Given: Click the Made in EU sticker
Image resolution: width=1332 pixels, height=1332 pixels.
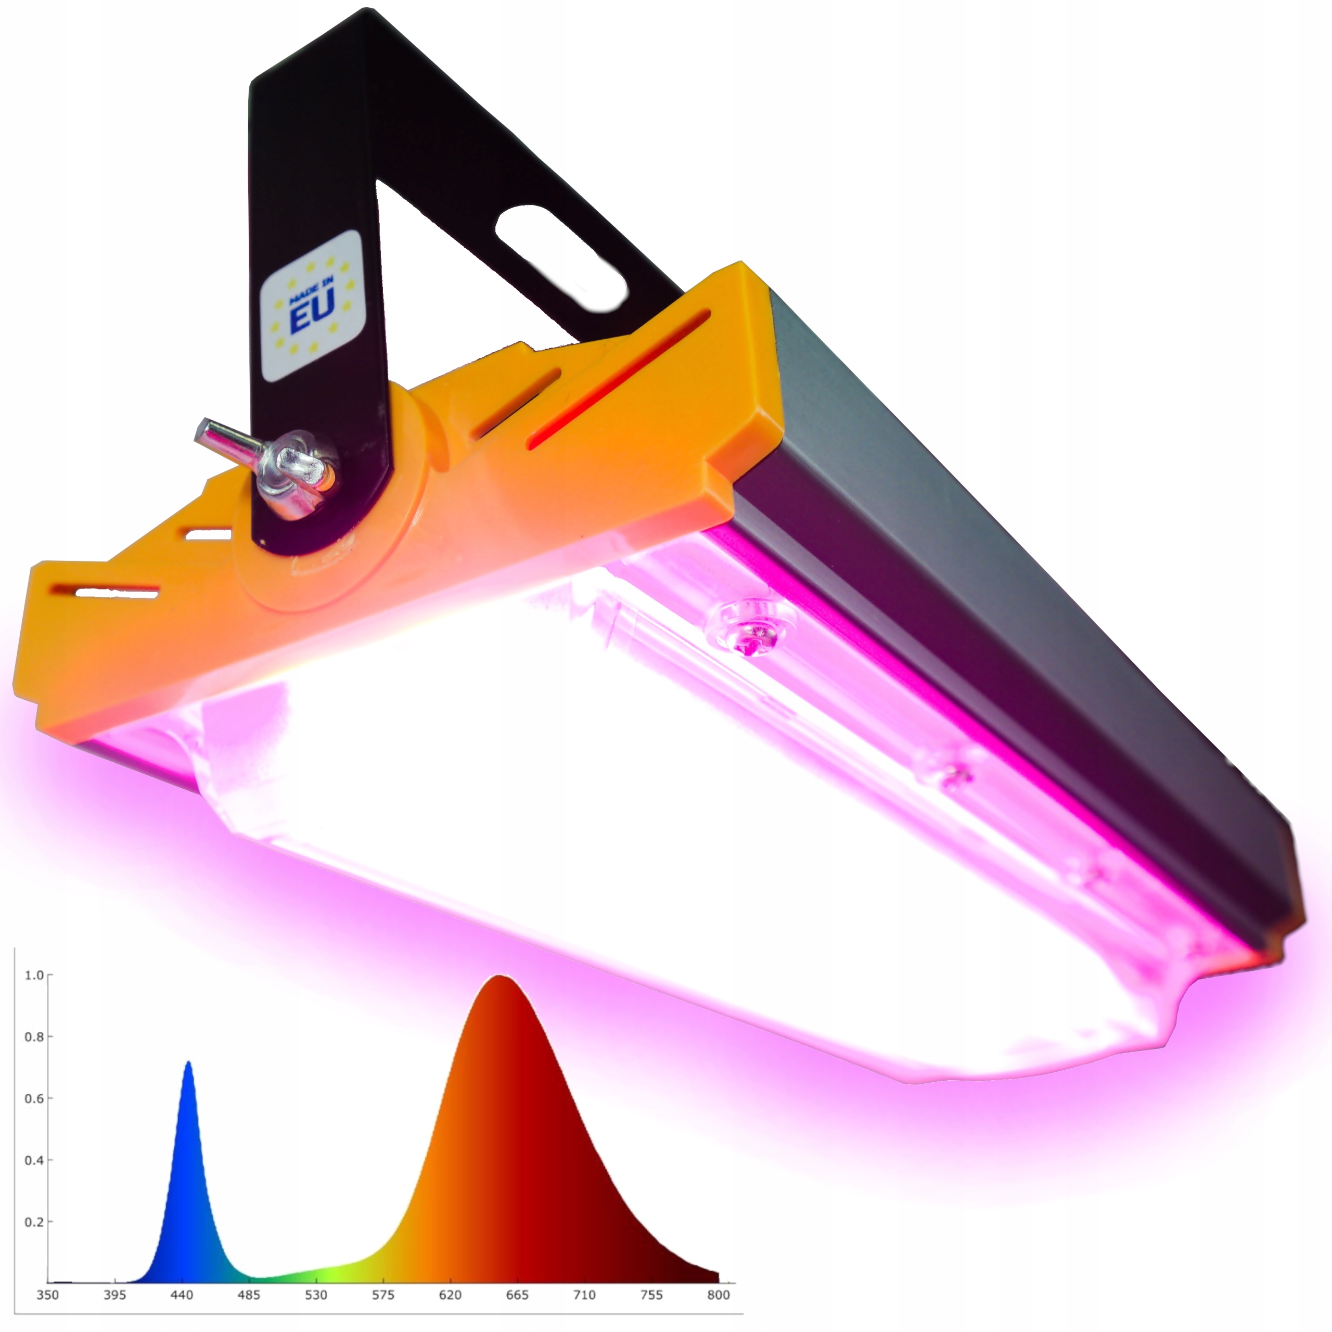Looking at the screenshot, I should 312,305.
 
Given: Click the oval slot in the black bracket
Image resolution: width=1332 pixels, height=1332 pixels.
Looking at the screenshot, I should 560,257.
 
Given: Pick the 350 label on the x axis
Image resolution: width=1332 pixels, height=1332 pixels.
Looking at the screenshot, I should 47,1295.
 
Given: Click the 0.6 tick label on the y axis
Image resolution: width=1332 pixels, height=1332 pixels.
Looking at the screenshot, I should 34,1098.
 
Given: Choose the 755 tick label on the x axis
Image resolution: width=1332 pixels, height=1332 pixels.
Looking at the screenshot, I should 651,1295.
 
